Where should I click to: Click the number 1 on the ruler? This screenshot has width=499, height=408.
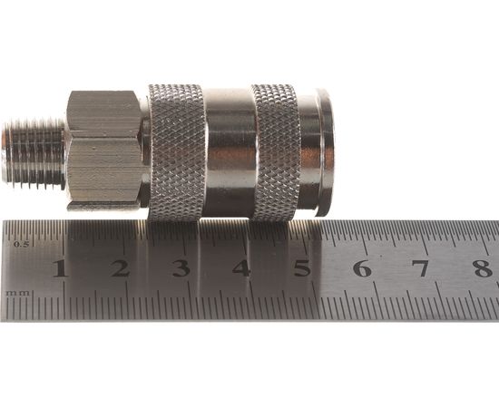point(60,268)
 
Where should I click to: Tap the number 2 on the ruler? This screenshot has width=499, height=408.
point(120,268)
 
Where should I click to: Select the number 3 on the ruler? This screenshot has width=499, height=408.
point(181,268)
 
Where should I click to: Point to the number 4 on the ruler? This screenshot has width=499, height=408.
point(241,268)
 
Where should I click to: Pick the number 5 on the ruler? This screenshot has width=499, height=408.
point(302,268)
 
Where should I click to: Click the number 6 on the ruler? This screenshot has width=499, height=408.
point(363,268)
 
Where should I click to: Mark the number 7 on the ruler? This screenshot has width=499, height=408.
point(423,268)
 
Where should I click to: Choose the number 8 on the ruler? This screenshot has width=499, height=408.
point(483,268)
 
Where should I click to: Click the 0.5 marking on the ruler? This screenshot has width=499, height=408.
point(22,244)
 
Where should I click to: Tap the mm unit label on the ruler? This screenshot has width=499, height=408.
point(18,293)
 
